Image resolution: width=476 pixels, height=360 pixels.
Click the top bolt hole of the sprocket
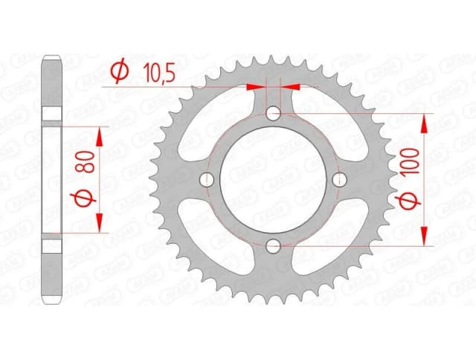coord(274,113)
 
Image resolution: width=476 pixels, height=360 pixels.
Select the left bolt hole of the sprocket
coord(208,179)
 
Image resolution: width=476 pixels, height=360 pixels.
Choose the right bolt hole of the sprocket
coord(340,179)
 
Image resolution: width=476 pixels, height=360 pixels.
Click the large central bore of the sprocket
coord(274,179)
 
